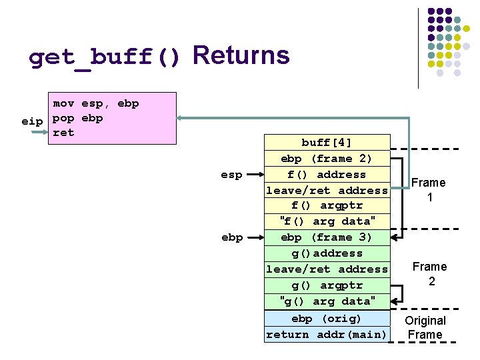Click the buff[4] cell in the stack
point(327,143)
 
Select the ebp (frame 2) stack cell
point(327,159)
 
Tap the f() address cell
point(327,175)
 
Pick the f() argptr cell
point(327,205)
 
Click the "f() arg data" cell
point(327,221)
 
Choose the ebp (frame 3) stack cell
point(327,237)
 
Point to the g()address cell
point(327,253)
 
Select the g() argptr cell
point(327,285)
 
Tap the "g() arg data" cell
point(327,301)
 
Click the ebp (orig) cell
point(327,319)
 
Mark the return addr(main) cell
point(327,335)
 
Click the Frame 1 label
point(429,190)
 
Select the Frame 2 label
point(430,274)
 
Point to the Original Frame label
point(425,327)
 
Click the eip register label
point(31,121)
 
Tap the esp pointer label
point(232,175)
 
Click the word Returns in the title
point(241,56)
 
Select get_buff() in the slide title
point(105,59)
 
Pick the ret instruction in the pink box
point(63,133)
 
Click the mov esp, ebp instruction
point(96,103)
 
